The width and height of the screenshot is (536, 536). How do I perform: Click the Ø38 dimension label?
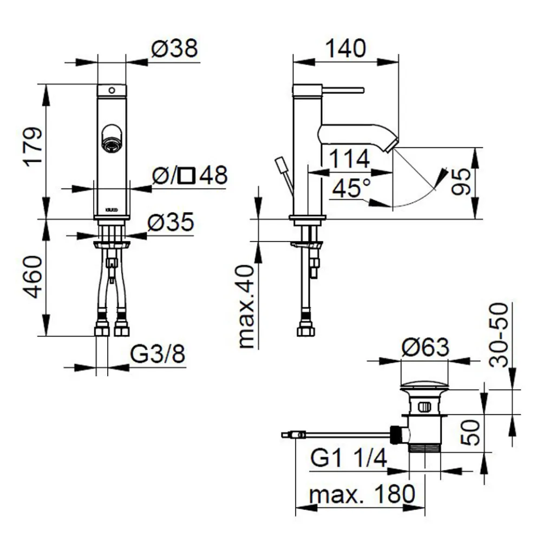tap(175, 48)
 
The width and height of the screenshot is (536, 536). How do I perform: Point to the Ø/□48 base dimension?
tap(190, 175)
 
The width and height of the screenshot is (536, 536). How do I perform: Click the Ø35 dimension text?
tap(171, 222)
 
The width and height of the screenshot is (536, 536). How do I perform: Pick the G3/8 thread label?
tap(158, 354)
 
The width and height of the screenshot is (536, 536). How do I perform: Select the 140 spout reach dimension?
tap(345, 48)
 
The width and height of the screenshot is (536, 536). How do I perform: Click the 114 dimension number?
tap(349, 159)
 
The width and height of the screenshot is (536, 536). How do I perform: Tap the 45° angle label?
tap(351, 188)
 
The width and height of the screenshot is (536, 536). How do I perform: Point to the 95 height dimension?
tap(461, 181)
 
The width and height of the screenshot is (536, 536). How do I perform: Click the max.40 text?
tap(247, 306)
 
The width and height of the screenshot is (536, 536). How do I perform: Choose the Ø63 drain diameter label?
tap(425, 347)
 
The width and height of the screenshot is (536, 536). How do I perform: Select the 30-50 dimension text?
tap(499, 335)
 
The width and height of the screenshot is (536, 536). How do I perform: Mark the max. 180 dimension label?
tap(362, 494)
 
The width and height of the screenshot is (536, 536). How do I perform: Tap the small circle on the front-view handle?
tap(112, 90)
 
